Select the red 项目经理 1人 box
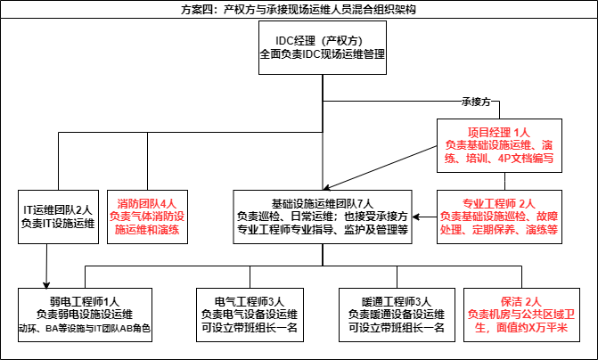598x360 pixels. pyautogui.click(x=498, y=144)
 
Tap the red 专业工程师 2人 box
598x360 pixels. pyautogui.click(x=498, y=216)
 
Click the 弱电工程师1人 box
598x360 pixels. pyautogui.click(x=85, y=313)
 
